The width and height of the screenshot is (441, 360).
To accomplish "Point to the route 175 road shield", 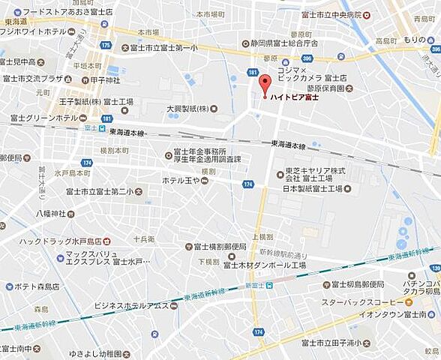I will [x=105, y=46].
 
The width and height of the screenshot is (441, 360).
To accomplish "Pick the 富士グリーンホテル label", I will [x=43, y=118].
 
